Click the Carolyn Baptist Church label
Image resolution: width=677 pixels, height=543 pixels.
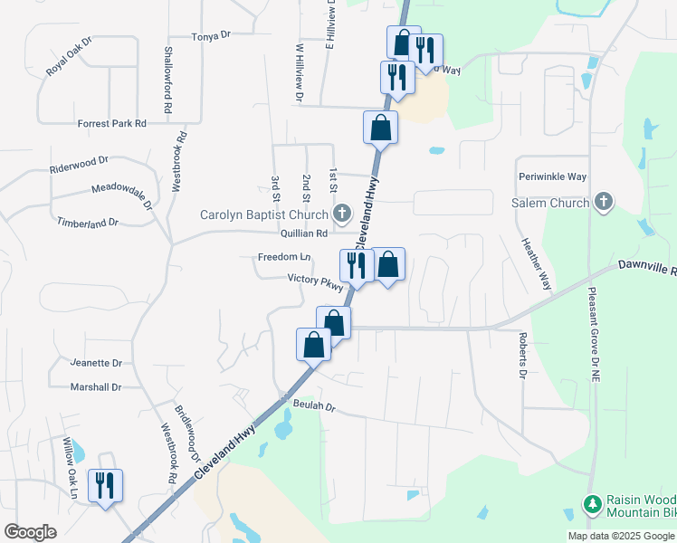tap(264, 215)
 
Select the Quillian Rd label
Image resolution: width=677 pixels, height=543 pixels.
tap(303, 233)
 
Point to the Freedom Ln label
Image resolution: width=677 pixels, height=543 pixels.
tap(284, 257)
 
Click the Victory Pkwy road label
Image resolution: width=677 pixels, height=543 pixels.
tap(316, 281)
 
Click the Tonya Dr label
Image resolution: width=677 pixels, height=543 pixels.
tap(212, 35)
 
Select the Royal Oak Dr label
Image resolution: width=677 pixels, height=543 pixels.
tap(70, 56)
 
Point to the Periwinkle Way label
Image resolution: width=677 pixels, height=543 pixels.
tap(552, 176)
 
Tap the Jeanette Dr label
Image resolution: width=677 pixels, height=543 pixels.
tap(96, 363)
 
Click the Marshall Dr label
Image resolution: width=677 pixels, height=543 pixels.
tap(96, 387)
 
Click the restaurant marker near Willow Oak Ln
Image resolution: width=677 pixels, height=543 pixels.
tap(105, 486)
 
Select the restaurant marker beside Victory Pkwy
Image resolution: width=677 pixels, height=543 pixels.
tap(356, 265)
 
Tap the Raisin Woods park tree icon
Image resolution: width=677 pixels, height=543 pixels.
tap(592, 503)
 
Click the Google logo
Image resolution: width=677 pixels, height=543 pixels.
tap(30, 532)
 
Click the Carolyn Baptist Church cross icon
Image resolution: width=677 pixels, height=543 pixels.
tap(342, 214)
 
